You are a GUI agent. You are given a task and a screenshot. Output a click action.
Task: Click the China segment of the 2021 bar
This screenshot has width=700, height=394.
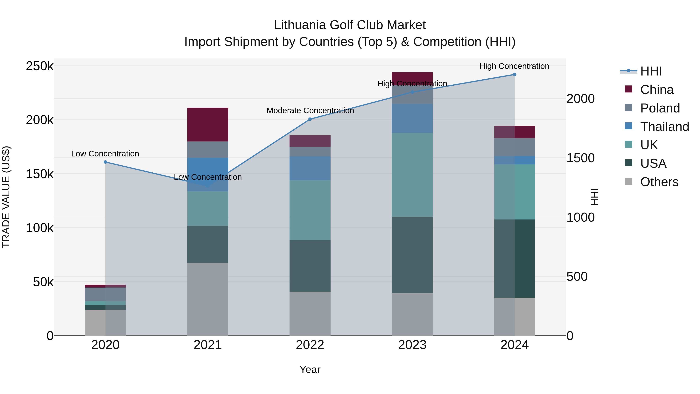pyautogui.click(x=208, y=124)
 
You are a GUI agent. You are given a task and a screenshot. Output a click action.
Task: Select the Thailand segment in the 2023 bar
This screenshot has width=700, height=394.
pyautogui.click(x=412, y=118)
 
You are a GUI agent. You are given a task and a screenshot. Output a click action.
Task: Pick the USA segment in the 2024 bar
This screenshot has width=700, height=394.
pyautogui.click(x=514, y=258)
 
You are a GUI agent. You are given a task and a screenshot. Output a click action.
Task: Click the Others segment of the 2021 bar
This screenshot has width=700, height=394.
pyautogui.click(x=208, y=299)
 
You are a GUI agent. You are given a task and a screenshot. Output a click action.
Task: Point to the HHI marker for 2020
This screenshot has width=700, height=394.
pyautogui.click(x=105, y=162)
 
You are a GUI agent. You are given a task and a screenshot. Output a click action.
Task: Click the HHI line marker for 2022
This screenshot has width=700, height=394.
pyautogui.click(x=310, y=119)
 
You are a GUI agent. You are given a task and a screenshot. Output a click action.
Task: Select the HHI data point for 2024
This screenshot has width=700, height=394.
pyautogui.click(x=514, y=75)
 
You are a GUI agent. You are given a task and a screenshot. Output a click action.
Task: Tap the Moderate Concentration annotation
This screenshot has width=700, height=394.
pyautogui.click(x=310, y=111)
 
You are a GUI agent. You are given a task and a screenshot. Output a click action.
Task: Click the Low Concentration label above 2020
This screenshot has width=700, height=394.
pyautogui.click(x=105, y=154)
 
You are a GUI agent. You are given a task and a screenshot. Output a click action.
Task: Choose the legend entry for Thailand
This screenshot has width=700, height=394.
pyautogui.click(x=664, y=127)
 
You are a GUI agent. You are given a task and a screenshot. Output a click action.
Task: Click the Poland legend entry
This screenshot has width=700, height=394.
pyautogui.click(x=660, y=108)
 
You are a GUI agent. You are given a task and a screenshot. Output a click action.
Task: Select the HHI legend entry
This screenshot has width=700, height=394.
pyautogui.click(x=651, y=71)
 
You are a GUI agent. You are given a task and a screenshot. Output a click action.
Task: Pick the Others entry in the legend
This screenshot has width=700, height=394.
pyautogui.click(x=659, y=182)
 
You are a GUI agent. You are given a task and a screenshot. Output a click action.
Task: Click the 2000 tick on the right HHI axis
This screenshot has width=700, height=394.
pyautogui.click(x=580, y=98)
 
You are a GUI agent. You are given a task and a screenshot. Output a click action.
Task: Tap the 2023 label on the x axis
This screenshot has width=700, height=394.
pyautogui.click(x=412, y=345)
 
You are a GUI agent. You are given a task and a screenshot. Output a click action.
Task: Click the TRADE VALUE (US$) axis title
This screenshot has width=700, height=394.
pyautogui.click(x=6, y=197)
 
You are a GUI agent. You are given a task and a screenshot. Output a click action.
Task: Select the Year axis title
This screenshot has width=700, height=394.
pyautogui.click(x=310, y=369)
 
